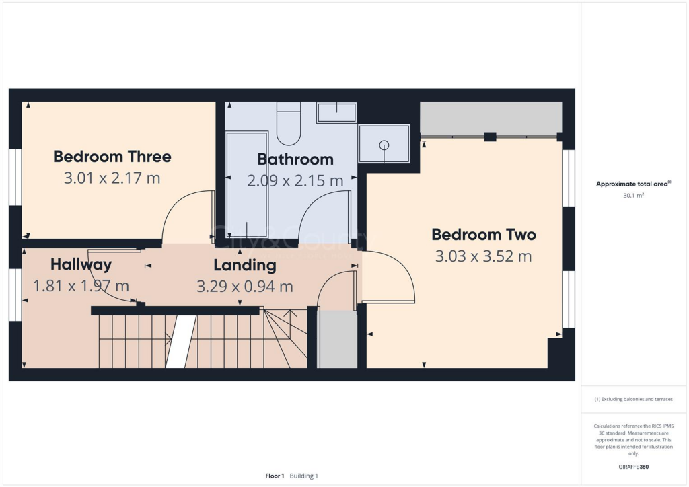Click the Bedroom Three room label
112,157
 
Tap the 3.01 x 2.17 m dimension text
112,178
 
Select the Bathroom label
295,159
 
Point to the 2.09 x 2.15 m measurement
295,181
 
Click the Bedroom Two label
484,235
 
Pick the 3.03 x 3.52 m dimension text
484,256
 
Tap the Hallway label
81,264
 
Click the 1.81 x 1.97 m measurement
81,286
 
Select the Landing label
245,265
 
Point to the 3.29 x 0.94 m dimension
245,287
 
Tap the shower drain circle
384,145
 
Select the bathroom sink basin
336,112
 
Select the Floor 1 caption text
275,476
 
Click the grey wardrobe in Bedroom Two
491,118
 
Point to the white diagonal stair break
180,342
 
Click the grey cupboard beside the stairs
337,339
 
